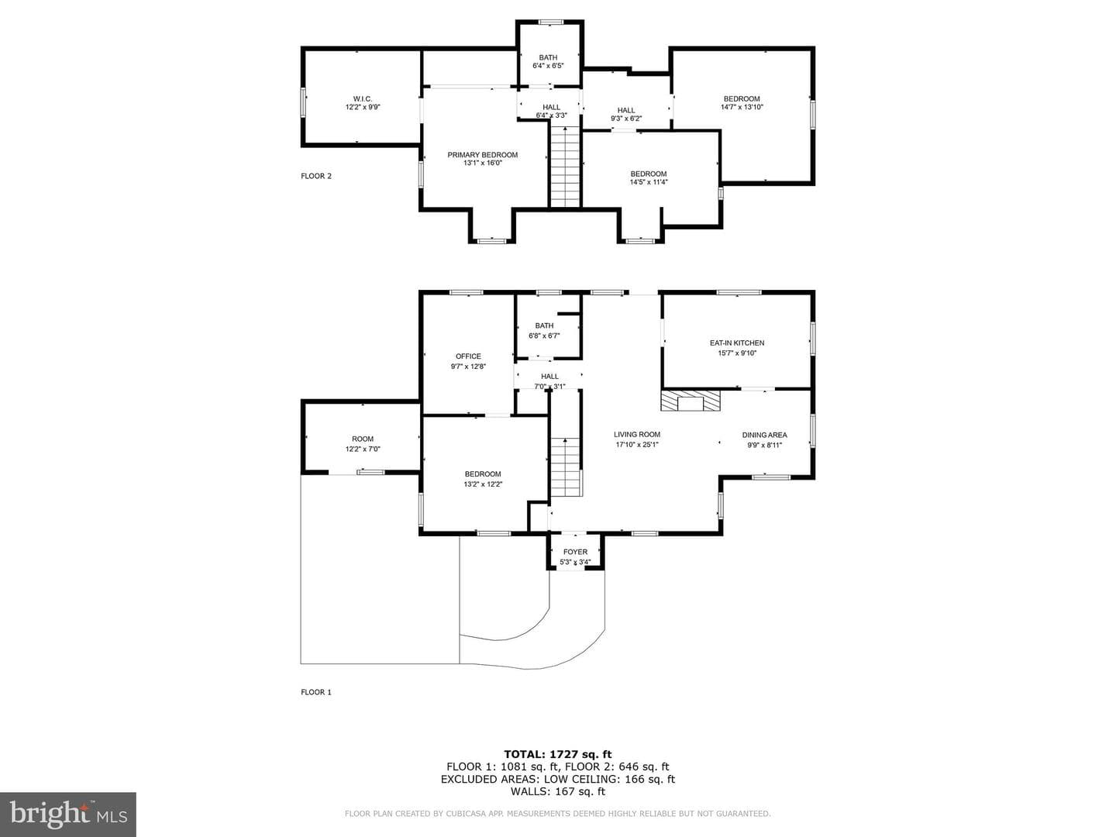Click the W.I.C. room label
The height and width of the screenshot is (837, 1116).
[x=363, y=98]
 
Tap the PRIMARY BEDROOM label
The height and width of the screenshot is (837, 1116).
[x=483, y=155]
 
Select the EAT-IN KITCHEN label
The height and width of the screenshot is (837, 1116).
[x=737, y=343]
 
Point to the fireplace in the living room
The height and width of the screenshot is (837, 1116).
[x=691, y=400]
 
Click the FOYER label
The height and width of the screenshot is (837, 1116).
[x=575, y=552]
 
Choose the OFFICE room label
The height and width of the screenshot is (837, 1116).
[x=468, y=356]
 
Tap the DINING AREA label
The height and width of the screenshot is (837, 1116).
[x=764, y=435]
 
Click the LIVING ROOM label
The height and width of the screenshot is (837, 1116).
[x=636, y=435]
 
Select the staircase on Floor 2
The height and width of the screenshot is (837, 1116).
[x=566, y=167]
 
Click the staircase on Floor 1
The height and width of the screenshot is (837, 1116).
[x=566, y=467]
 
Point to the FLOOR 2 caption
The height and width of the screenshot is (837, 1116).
[x=315, y=177]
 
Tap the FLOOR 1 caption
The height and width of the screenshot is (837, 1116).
[x=315, y=692]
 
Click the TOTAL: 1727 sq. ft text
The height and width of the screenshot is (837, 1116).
[x=558, y=754]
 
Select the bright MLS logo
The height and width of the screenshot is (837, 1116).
[x=68, y=814]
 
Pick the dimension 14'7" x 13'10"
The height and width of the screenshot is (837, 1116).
[x=742, y=107]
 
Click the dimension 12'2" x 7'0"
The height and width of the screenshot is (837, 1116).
[x=363, y=449]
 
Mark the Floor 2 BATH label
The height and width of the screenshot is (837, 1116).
[x=548, y=57]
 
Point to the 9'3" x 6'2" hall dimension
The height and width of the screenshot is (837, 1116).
[x=626, y=119]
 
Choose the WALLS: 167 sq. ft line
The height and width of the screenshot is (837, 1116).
[x=558, y=791]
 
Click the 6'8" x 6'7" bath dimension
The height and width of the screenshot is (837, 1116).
[x=544, y=336]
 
